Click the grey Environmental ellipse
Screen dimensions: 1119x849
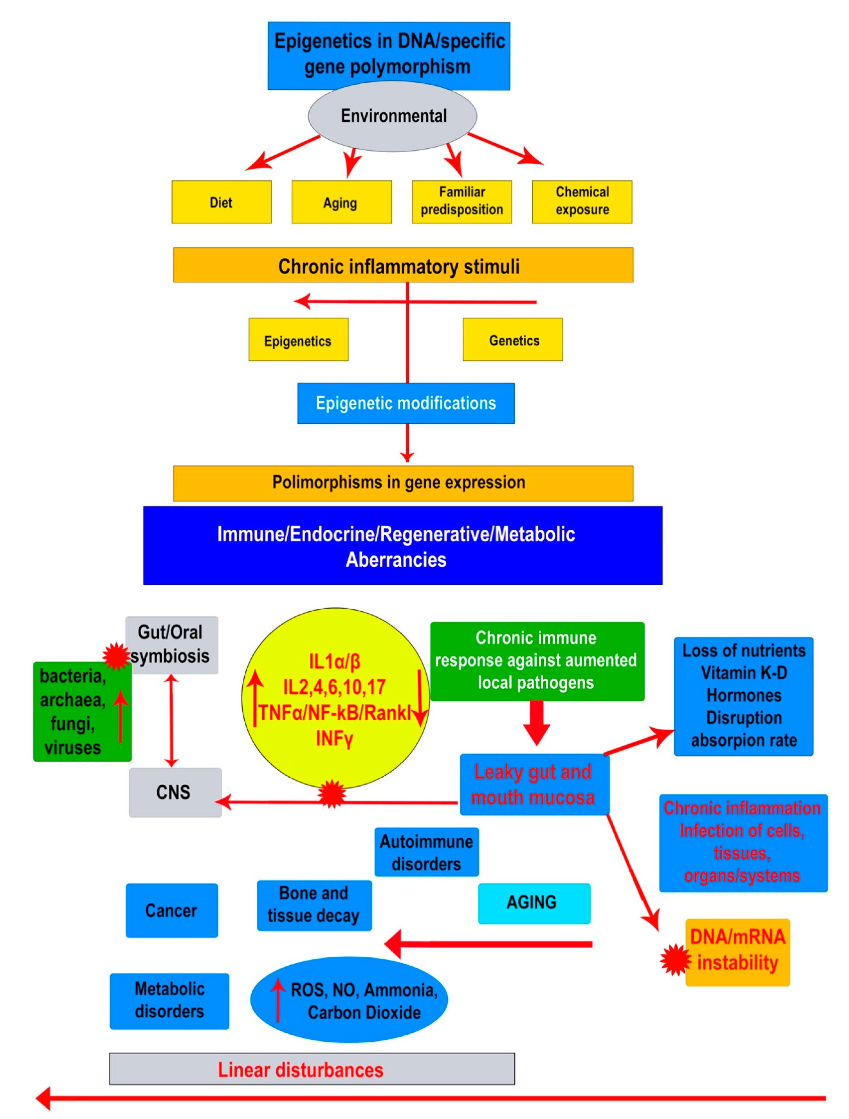(x=393, y=116)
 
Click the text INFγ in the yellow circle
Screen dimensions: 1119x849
(x=334, y=739)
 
